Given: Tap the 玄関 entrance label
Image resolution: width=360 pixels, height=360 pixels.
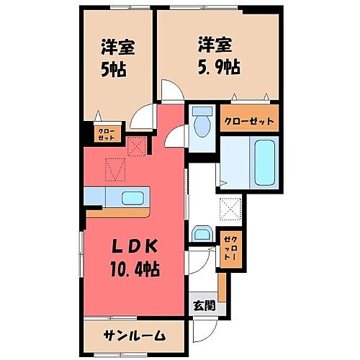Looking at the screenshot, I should coord(204,304).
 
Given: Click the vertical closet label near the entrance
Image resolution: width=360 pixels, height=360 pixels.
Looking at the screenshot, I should coord(230,249).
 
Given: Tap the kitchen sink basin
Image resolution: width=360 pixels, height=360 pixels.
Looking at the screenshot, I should coord(132,198).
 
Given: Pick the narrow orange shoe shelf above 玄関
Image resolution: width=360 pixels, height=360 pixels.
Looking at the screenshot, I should coord(222,287).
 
